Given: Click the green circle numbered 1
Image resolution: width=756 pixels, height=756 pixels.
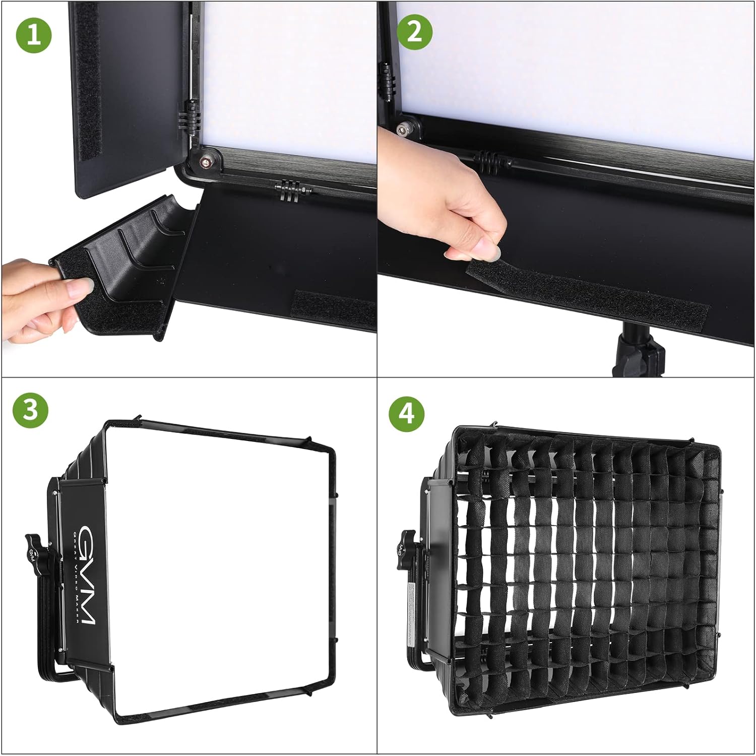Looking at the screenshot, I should pyautogui.click(x=34, y=34).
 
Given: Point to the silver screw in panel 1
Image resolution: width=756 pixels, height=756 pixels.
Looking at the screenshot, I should pyautogui.click(x=205, y=161).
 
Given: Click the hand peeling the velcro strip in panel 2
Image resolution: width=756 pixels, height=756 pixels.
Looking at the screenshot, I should pyautogui.click(x=444, y=202).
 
